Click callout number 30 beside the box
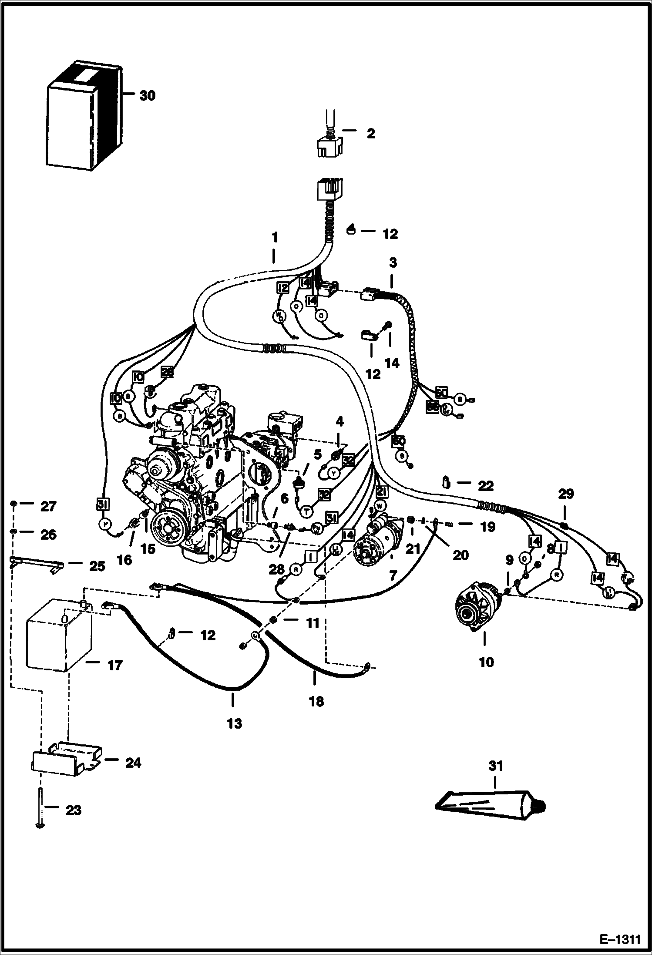coord(147,96)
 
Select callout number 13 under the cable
coord(234,723)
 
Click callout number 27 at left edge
coord(48,506)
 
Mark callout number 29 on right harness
coord(566,494)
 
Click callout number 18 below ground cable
coord(316,702)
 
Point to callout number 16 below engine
coord(124,560)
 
